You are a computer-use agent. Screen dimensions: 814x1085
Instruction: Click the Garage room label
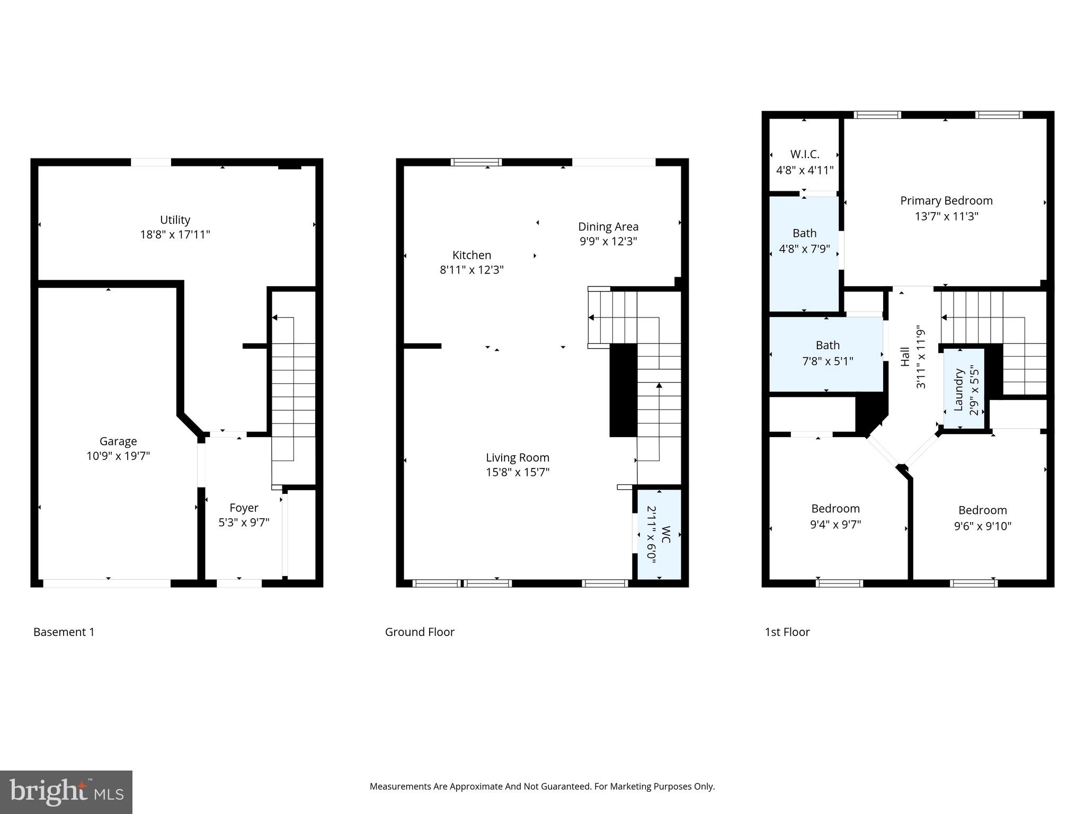[x=118, y=441]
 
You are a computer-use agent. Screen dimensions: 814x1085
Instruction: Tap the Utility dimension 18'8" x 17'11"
[x=175, y=235]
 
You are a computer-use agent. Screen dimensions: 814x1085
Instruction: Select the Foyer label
[x=244, y=508]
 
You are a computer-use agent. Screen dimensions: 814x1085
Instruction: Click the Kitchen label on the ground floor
[x=472, y=255]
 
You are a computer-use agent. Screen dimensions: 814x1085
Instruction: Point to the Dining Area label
[x=608, y=227]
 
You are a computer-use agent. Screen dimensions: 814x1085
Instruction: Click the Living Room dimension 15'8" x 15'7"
[x=518, y=472]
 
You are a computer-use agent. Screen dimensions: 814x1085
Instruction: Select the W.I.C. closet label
[x=804, y=154]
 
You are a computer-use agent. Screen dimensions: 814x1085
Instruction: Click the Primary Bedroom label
[x=946, y=201]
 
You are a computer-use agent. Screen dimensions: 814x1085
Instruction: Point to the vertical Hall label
[x=905, y=356]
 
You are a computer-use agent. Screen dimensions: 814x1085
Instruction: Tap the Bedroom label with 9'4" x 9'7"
[x=835, y=509]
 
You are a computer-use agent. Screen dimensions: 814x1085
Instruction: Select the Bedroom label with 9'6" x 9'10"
[x=982, y=510]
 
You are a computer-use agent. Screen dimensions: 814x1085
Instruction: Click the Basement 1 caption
[x=64, y=632]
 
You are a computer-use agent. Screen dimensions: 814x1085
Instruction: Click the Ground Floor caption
[x=419, y=632]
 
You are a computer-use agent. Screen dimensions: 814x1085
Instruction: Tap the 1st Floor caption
[x=787, y=632]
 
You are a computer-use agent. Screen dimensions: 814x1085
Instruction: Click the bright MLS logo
[x=66, y=792]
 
